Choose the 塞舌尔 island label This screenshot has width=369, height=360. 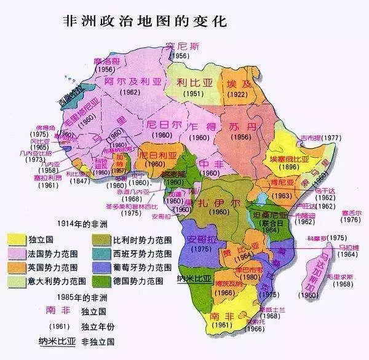351,211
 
